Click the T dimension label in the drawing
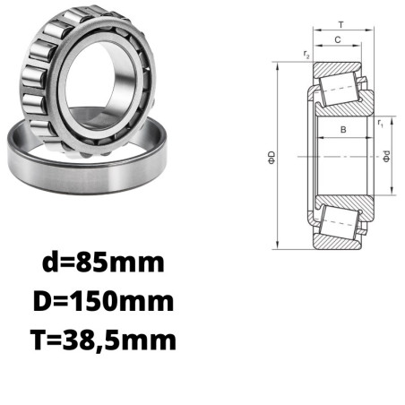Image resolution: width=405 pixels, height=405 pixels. tap(341, 24)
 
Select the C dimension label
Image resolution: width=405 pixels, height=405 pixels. tap(338, 39)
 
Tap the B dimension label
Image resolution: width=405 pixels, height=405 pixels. tap(343, 130)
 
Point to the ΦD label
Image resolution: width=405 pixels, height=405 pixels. tap(271, 158)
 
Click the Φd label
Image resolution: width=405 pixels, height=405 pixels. tap(386, 157)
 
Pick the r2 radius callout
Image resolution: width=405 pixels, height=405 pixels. tap(306, 55)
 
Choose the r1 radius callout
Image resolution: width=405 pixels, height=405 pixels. tap(380, 123)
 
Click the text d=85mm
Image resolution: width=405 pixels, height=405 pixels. tap(103, 263)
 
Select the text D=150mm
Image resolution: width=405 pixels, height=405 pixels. tap(103, 301)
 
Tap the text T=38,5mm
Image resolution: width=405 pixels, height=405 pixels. tap(103, 340)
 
